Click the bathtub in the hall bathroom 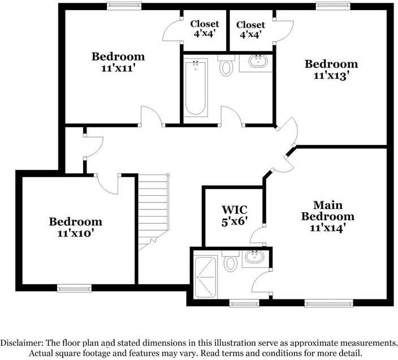tap(196, 88)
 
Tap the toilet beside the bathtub tap(226, 66)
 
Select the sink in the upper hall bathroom tap(258, 61)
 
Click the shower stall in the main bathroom tap(206, 277)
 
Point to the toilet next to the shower tap(231, 260)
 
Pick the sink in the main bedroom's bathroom tap(254, 256)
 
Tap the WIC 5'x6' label tap(234, 216)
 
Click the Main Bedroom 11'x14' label tap(328, 216)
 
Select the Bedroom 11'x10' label tap(76, 227)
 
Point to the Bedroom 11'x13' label tap(331, 70)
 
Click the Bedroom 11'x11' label tap(118, 62)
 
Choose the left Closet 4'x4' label tap(204, 29)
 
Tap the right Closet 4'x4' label tap(250, 30)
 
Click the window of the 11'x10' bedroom tap(74, 288)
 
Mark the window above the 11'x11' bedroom tap(124, 6)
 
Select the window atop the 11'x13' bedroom tap(333, 6)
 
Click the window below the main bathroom tap(244, 303)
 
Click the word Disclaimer tap(21, 343)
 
